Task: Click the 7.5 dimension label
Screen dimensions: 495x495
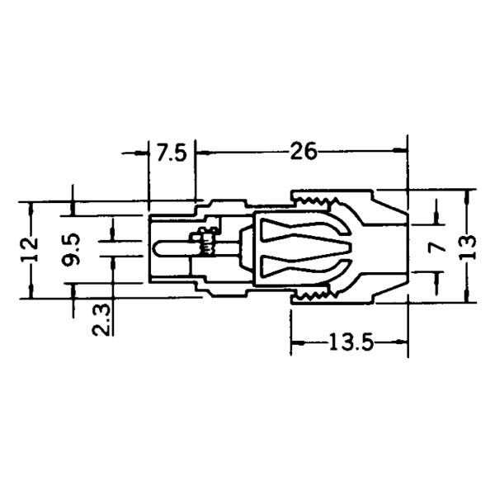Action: [172, 153]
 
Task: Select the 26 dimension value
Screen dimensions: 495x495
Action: [303, 152]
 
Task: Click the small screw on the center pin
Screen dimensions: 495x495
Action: [205, 243]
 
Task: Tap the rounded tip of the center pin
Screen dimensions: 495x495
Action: [158, 247]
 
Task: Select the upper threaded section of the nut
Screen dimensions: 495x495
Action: [318, 200]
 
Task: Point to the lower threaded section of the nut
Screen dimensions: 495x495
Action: [318, 294]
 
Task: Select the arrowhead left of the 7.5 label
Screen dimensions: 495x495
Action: [143, 153]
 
